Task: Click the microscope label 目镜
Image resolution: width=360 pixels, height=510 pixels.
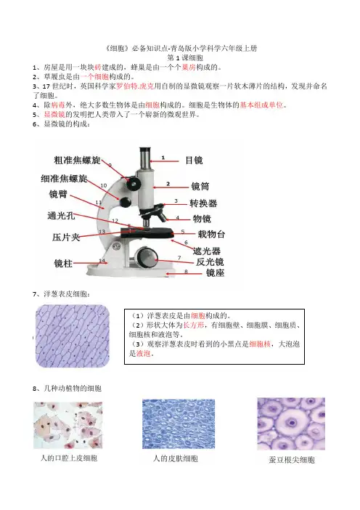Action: (194, 160)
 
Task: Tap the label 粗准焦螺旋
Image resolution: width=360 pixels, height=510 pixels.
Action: (78, 160)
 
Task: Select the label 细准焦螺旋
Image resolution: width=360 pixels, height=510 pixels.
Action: (64, 178)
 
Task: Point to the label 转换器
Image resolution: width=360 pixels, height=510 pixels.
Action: (203, 203)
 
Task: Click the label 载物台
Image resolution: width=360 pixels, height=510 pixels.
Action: (211, 234)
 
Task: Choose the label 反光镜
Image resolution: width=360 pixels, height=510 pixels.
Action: (210, 262)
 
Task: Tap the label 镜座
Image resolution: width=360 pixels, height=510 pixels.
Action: (215, 272)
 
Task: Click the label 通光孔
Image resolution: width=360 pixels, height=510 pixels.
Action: (62, 215)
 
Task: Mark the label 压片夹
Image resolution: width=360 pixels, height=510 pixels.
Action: (66, 237)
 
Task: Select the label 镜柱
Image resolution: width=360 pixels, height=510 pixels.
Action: (63, 263)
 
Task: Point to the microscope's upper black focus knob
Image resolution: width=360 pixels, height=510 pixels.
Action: (134, 184)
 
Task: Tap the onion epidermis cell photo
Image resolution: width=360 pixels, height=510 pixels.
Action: (73, 336)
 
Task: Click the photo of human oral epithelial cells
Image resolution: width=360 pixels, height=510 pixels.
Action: (68, 426)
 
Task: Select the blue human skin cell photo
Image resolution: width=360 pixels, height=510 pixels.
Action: (179, 424)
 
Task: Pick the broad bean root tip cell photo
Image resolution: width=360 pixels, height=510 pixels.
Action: (291, 424)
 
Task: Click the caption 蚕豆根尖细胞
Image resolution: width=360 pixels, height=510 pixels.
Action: (292, 460)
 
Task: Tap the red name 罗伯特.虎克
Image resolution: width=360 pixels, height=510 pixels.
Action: (135, 86)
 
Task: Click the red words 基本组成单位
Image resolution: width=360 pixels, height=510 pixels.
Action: (261, 105)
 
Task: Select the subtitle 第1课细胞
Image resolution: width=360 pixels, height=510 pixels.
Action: (185, 58)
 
